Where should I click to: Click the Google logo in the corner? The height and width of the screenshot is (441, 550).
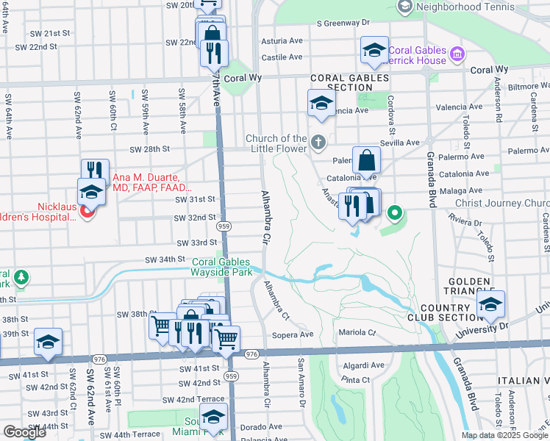point(24,431)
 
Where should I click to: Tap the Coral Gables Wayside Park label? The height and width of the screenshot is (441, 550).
point(221,267)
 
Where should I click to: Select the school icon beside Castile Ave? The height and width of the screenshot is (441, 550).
point(374,50)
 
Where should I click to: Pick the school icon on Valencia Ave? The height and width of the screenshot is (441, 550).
point(321,104)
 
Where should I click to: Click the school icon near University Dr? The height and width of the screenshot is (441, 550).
point(490,304)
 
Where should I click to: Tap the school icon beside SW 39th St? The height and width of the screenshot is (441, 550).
point(48,341)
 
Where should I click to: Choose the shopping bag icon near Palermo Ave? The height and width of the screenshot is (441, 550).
point(366,159)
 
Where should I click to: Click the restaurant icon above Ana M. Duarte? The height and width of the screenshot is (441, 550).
point(95,171)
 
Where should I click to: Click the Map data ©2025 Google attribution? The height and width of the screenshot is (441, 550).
point(504,434)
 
